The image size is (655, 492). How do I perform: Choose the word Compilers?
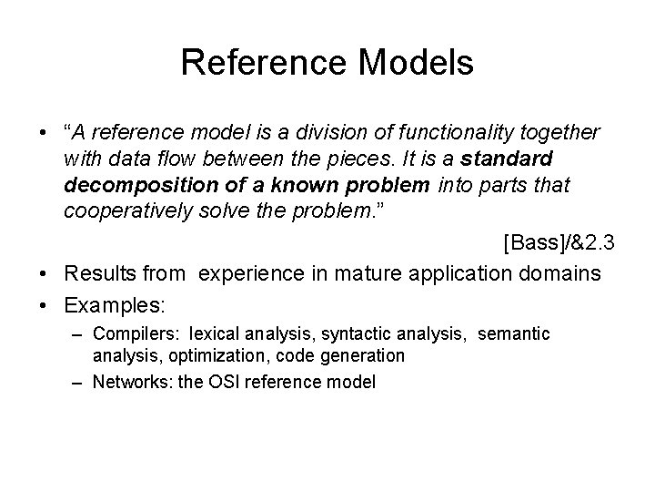point(134,334)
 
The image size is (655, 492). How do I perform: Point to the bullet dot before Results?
point(45,272)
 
